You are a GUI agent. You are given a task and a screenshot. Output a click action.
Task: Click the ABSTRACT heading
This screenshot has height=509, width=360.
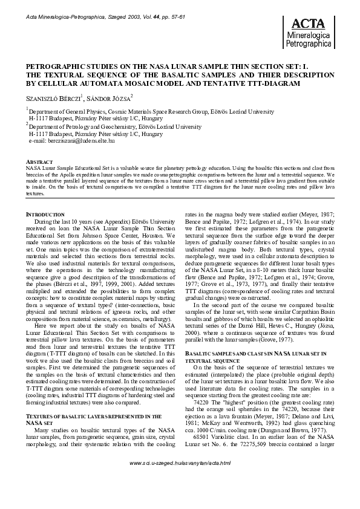(x=38, y=163)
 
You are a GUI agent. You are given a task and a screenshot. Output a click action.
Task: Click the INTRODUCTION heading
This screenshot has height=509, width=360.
(x=45, y=215)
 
